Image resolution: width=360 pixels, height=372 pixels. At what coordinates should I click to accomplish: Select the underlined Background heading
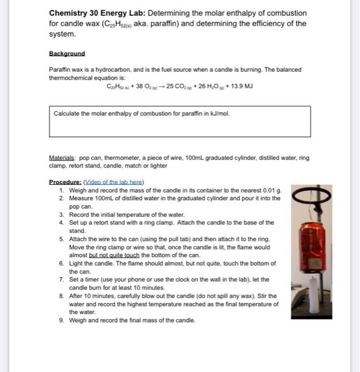pyautogui.click(x=66, y=54)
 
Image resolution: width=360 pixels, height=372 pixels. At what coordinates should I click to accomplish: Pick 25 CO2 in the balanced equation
pyautogui.click(x=178, y=86)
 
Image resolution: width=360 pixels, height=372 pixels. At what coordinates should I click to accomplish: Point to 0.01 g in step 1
pyautogui.click(x=273, y=190)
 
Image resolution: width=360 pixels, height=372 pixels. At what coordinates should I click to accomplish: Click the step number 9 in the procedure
pyautogui.click(x=62, y=320)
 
